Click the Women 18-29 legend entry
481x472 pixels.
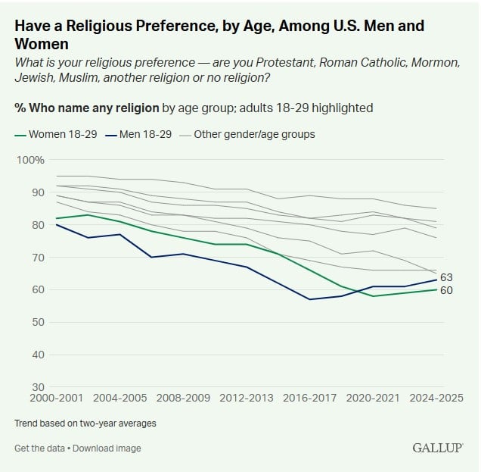(x=60, y=135)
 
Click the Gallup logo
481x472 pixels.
(x=438, y=448)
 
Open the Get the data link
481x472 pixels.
(x=40, y=449)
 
